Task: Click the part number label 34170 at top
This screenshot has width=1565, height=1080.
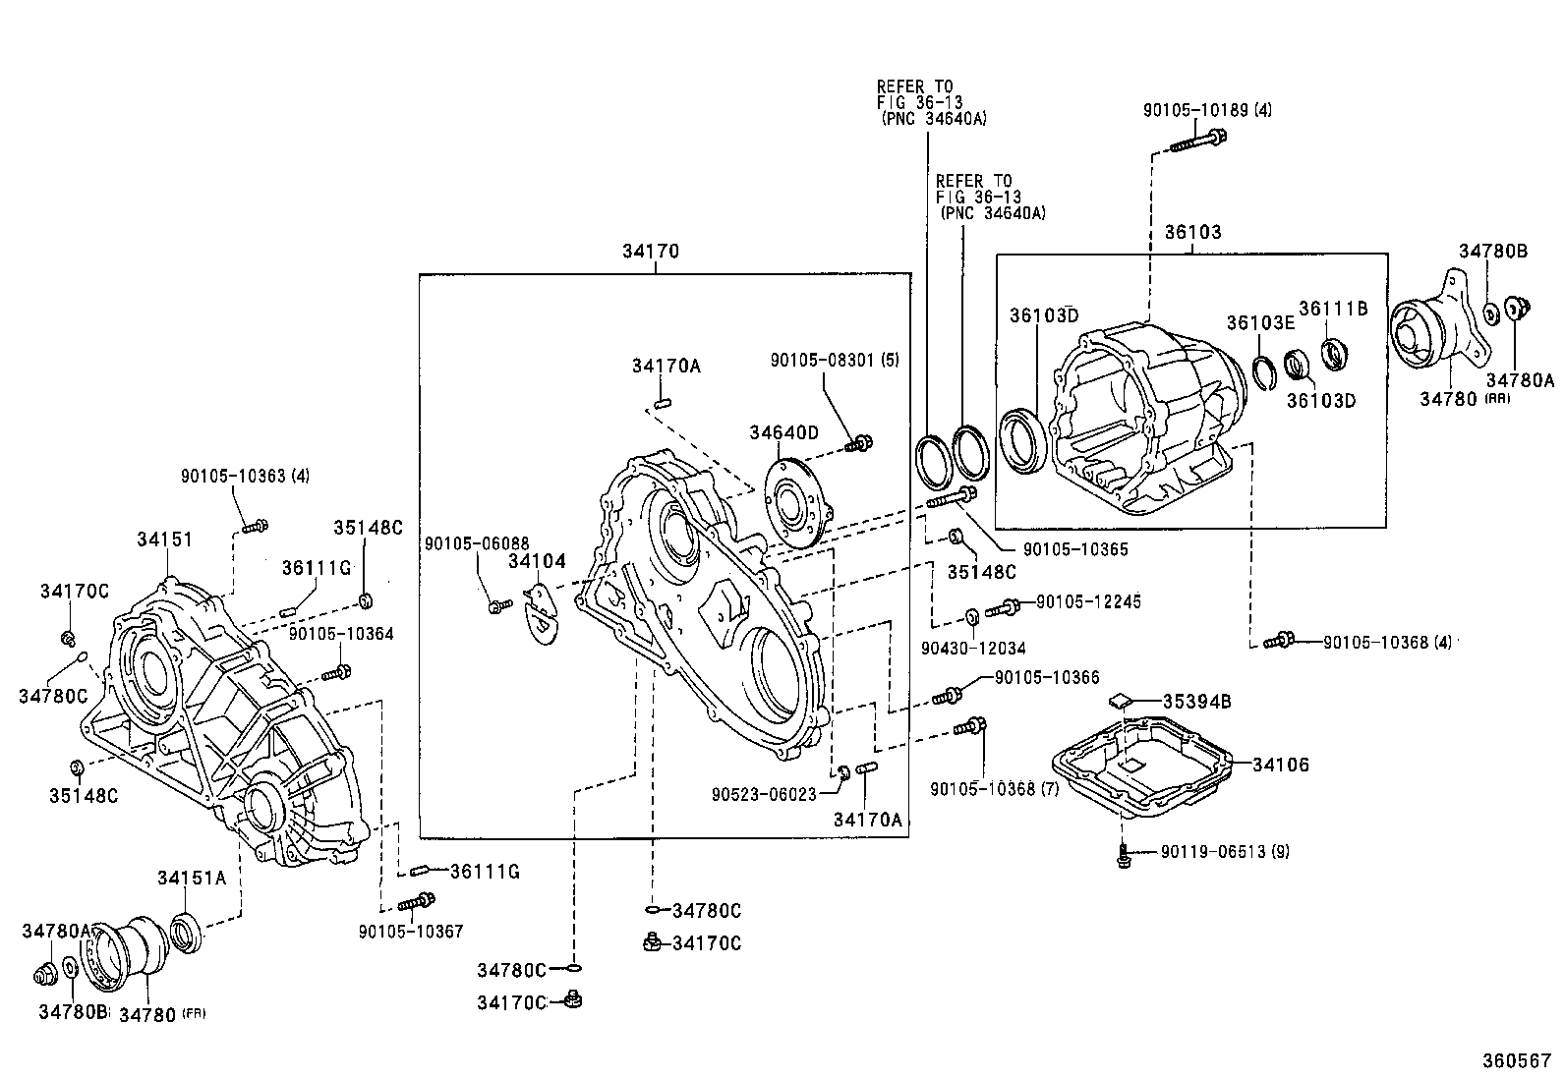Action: pyautogui.click(x=650, y=252)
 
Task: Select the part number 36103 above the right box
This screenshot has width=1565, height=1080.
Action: pyautogui.click(x=1192, y=232)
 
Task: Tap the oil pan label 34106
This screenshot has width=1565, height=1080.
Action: pyautogui.click(x=1281, y=764)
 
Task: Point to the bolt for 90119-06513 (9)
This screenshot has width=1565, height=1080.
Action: pyautogui.click(x=1123, y=855)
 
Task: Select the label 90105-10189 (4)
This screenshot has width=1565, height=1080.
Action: pyautogui.click(x=1206, y=110)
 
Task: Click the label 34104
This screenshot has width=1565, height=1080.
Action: pyautogui.click(x=537, y=561)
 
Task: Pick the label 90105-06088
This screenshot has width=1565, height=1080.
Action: pyautogui.click(x=477, y=542)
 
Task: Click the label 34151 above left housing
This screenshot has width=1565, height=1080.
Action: pyautogui.click(x=164, y=540)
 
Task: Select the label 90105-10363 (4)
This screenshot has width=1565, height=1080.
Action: pyautogui.click(x=244, y=476)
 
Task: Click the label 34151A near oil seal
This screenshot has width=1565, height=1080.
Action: pyautogui.click(x=192, y=878)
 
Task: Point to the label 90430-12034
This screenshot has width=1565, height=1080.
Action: pyautogui.click(x=973, y=648)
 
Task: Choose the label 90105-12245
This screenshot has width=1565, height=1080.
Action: pyautogui.click(x=1088, y=601)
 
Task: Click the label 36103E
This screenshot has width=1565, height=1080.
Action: pyautogui.click(x=1259, y=323)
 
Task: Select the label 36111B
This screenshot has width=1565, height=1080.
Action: pyautogui.click(x=1333, y=308)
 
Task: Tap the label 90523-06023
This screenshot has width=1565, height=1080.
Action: pyautogui.click(x=766, y=794)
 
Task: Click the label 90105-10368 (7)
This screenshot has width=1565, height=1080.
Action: pyautogui.click(x=994, y=788)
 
